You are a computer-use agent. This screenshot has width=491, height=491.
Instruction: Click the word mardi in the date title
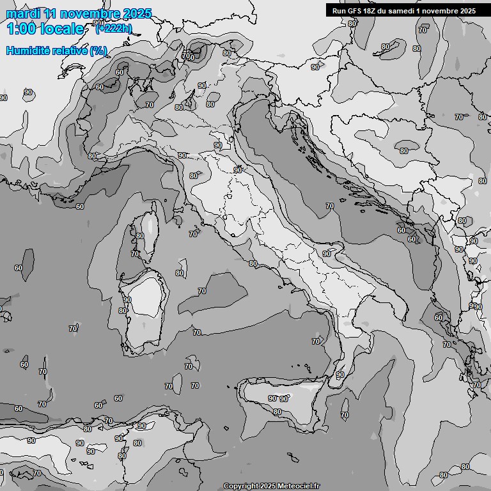click(21, 13)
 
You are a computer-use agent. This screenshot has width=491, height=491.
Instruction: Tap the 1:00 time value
click(20, 29)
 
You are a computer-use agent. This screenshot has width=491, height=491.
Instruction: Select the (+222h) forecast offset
click(114, 27)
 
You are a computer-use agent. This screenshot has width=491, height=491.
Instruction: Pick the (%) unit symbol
click(98, 51)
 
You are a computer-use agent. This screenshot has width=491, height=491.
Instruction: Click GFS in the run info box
click(356, 11)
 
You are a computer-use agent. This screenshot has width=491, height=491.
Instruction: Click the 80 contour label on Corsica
click(139, 236)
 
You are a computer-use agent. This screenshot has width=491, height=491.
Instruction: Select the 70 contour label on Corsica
click(135, 254)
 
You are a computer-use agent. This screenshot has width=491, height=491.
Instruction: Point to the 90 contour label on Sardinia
click(127, 300)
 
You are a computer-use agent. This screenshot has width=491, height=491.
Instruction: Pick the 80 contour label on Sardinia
click(123, 311)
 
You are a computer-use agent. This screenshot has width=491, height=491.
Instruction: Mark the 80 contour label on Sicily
click(277, 412)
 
